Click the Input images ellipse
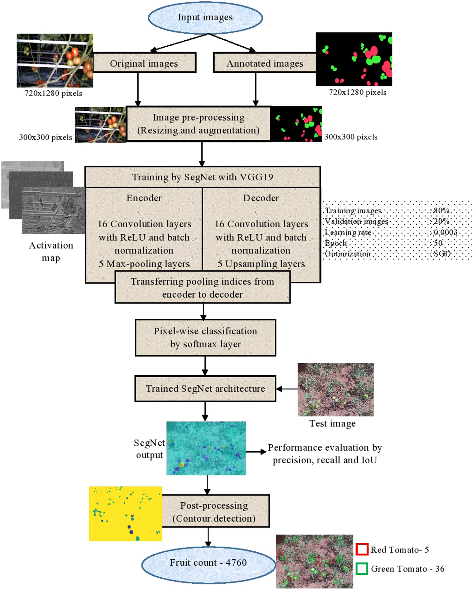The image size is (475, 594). click(205, 18)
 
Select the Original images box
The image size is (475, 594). click(144, 63)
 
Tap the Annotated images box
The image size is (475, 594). click(265, 63)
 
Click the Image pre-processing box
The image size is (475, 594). click(198, 124)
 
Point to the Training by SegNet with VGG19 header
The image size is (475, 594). click(203, 177)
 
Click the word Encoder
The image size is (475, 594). click(144, 198)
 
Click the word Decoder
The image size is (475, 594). click(261, 198)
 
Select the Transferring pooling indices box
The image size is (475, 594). click(203, 287)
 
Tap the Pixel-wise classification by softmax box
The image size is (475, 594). click(205, 337)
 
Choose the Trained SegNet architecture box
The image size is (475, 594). click(205, 388)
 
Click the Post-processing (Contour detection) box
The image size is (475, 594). click(214, 512)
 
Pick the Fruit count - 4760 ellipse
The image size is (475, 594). click(208, 562)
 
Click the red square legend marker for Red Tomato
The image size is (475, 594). click(362, 549)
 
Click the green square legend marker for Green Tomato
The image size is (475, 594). click(362, 569)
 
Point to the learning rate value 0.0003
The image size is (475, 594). click(445, 232)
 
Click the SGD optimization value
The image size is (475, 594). click(442, 253)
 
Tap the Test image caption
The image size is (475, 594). click(332, 424)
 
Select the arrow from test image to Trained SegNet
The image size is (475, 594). click(287, 389)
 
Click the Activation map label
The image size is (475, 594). click(51, 252)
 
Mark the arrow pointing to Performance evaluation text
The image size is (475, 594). click(256, 452)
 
